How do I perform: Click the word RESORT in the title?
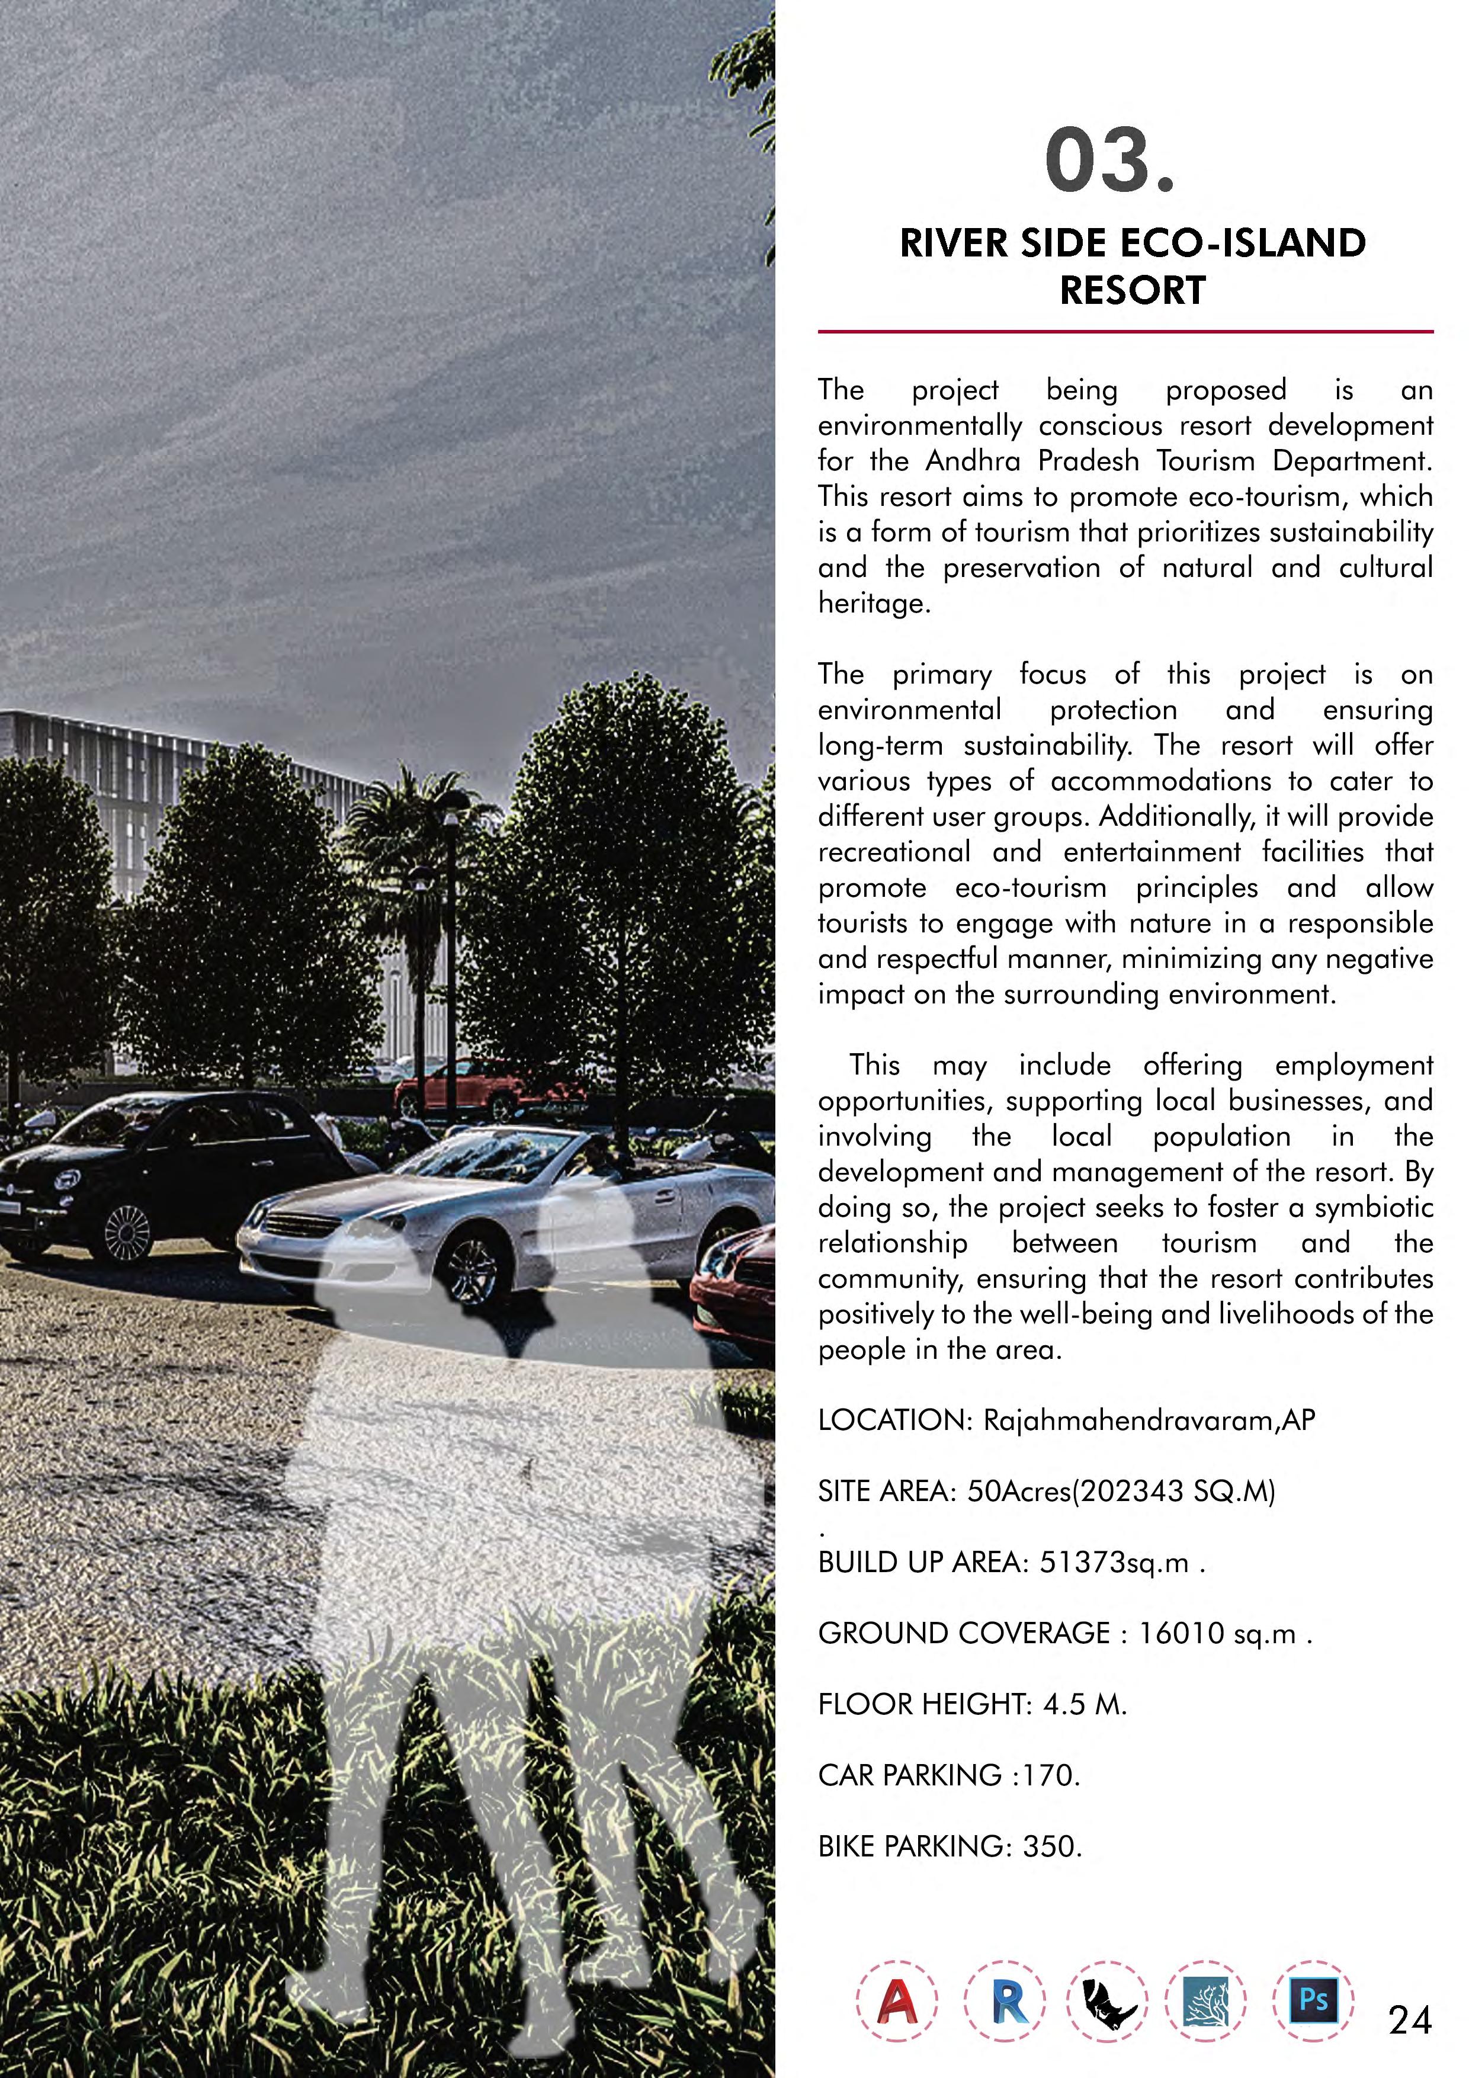pos(1133,290)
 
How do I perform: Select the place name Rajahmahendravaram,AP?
pos(1149,1420)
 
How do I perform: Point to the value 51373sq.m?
pos(1112,1563)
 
